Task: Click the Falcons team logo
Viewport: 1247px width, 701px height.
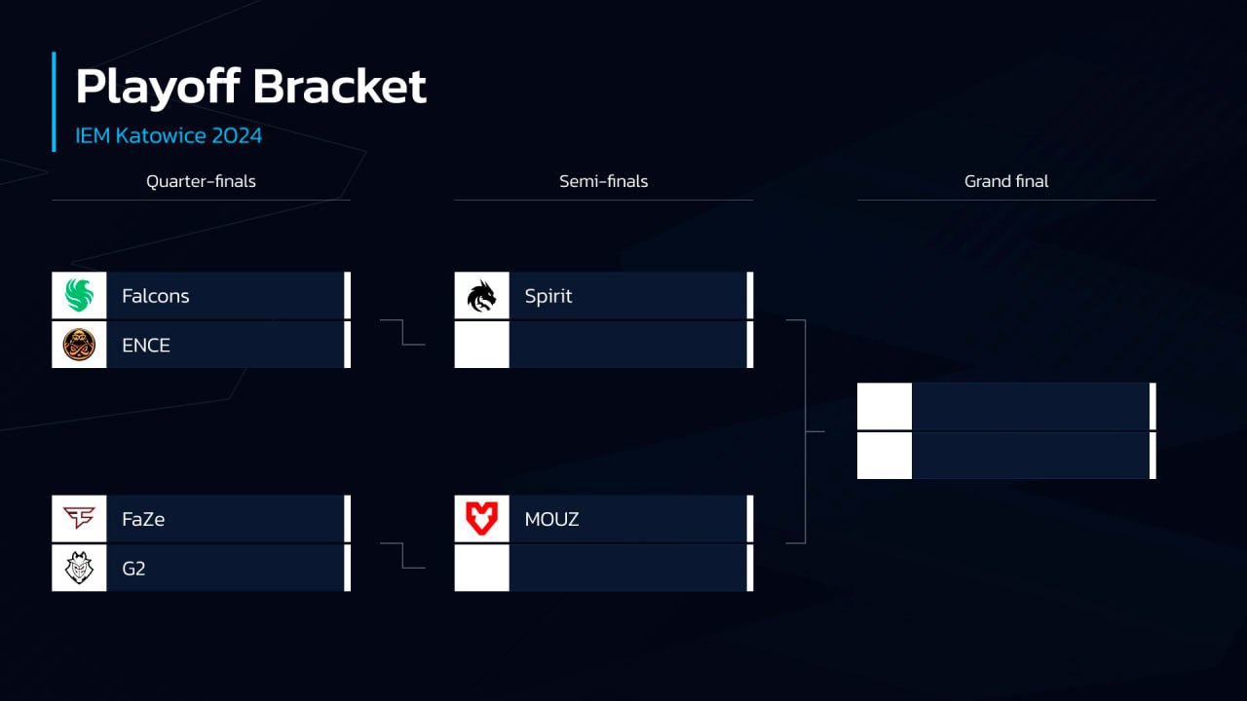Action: coord(79,296)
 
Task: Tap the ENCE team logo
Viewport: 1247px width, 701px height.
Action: coord(79,345)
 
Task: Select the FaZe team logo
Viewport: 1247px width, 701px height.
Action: coord(79,519)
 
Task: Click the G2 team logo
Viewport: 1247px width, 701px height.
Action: coord(79,568)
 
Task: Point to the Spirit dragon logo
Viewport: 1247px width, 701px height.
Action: coord(481,296)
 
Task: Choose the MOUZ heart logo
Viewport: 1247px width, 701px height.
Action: coord(481,519)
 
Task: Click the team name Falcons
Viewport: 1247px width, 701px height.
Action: coord(156,296)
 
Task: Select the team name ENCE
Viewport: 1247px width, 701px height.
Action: coord(146,345)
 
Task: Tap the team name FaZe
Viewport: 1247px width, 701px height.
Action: coord(143,519)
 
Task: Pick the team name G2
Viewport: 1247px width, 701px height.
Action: coord(133,568)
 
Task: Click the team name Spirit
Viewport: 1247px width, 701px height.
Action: coord(548,296)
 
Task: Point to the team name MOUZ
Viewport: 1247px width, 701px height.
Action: coord(551,519)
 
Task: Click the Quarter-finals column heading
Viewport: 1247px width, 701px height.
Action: coord(201,181)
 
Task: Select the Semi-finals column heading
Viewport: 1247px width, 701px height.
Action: coord(603,181)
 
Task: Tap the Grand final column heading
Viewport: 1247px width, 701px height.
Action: coord(1006,181)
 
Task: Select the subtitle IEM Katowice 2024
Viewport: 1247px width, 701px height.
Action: coord(169,135)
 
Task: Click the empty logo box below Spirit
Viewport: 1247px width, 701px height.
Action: coord(481,345)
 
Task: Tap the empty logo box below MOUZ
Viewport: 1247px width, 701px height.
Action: coord(481,568)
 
